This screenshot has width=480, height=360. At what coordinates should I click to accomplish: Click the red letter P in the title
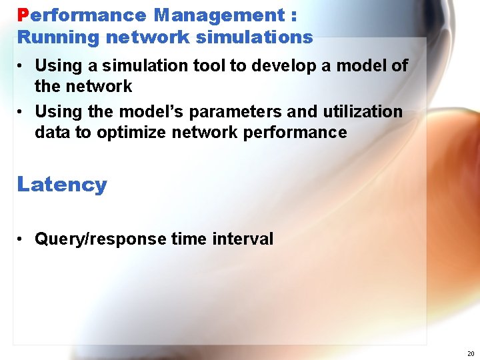tap(23, 15)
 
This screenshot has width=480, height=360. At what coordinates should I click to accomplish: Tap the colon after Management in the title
tap(294, 16)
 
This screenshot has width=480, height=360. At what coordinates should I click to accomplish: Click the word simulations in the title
tap(254, 37)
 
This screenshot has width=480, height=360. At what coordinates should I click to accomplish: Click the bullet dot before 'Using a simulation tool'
tap(22, 67)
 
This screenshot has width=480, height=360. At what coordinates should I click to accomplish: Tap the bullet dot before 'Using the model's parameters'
tap(22, 112)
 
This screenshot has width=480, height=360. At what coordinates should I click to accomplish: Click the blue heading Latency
tap(62, 184)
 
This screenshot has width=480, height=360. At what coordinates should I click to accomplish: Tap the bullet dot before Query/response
tap(22, 239)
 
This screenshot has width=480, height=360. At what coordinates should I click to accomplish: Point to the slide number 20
tap(471, 353)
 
